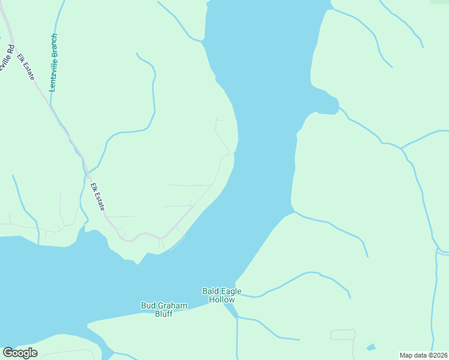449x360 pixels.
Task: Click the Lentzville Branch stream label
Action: (x=53, y=62)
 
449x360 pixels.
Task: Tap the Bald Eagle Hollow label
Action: (x=221, y=295)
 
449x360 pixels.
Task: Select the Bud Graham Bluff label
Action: (x=164, y=310)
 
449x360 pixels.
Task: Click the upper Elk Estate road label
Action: (x=26, y=67)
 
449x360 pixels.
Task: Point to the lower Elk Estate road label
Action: (x=97, y=197)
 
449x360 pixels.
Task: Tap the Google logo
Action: (x=20, y=353)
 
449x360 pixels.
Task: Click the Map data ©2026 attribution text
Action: (x=424, y=355)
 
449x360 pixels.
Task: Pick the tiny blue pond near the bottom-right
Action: (x=371, y=347)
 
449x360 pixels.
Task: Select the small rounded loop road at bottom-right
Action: (x=343, y=335)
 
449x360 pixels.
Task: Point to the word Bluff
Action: (x=164, y=314)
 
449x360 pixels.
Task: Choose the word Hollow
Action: (x=221, y=299)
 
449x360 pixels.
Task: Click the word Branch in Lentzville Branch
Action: (x=53, y=46)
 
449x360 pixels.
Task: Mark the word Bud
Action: (x=148, y=305)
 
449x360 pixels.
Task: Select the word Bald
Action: (x=209, y=292)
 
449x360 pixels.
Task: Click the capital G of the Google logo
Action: (x=8, y=353)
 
